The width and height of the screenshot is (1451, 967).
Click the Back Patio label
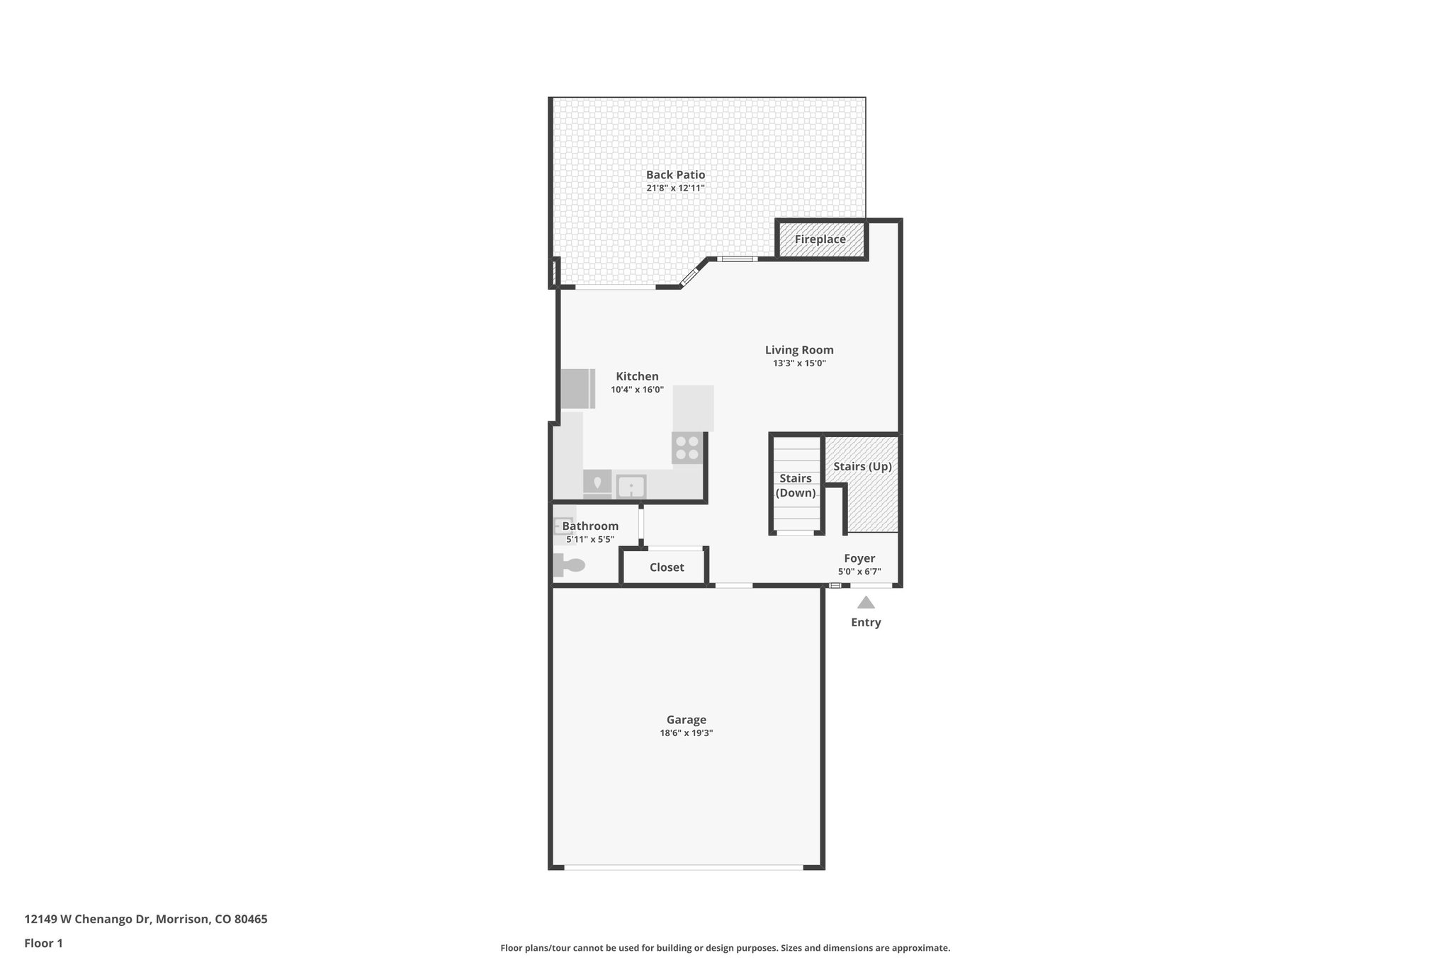coord(675,174)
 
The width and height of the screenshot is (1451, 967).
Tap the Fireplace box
coord(820,239)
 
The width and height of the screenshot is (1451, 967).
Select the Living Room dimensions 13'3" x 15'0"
coord(799,363)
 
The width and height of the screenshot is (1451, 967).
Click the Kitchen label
coord(637,376)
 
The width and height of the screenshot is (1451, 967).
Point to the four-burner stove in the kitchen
coord(687,448)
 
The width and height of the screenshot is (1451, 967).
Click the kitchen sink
coord(631,487)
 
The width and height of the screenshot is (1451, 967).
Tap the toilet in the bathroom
coord(570,565)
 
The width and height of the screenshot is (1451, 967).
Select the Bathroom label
coord(590,526)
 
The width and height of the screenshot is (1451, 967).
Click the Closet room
coord(666,567)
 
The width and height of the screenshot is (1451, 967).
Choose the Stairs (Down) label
coord(796,485)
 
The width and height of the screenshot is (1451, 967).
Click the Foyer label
coord(859,558)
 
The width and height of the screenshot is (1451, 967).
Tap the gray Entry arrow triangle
coord(866,603)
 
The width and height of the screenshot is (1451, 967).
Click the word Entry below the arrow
coord(866,622)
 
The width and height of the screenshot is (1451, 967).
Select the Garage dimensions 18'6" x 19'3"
coord(686,733)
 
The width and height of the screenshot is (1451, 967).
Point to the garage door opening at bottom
coord(684,866)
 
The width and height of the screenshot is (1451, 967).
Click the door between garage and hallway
coord(733,585)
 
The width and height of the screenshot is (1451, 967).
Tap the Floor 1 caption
coord(44,943)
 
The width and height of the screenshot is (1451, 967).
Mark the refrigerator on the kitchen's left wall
coord(577,389)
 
